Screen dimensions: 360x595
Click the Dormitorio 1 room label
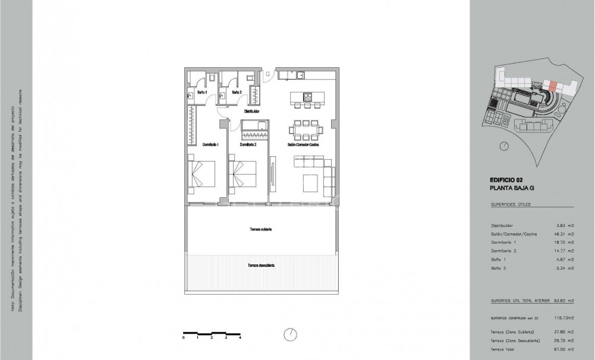point(211,145)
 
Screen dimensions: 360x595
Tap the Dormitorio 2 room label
point(248,145)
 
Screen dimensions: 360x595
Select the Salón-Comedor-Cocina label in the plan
point(307,145)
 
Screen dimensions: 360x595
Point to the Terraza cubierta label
point(260,229)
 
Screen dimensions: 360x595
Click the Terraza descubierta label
point(260,265)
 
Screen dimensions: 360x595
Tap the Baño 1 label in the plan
point(202,93)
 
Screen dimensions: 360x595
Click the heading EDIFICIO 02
point(506,179)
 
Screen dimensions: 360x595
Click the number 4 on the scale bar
point(240,337)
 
